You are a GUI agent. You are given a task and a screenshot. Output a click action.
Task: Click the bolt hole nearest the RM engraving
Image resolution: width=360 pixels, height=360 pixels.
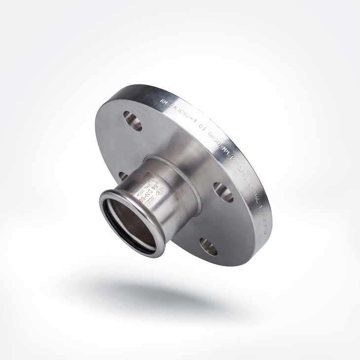132,120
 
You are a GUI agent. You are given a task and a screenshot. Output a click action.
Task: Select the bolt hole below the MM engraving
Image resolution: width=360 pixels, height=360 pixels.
223,192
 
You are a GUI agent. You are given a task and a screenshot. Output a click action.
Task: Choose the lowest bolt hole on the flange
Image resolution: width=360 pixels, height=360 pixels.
209,247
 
